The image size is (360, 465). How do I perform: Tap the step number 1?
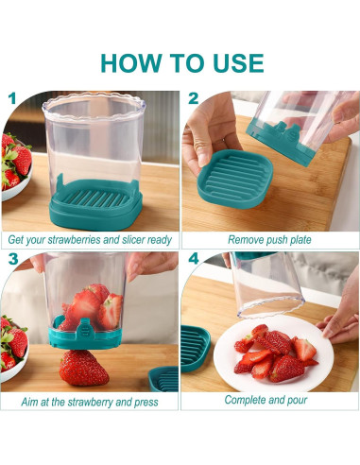pos(11,98)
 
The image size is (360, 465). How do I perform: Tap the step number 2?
pos(194,98)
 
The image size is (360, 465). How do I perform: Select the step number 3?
pos(12,259)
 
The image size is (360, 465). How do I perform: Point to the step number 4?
pos(194,259)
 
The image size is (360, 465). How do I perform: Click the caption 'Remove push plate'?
pos(269,239)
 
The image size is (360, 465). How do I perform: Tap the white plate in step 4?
pos(269,354)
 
